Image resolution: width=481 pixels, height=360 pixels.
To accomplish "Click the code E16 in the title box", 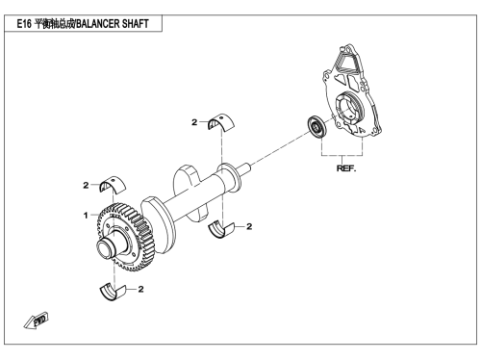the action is click(24, 24).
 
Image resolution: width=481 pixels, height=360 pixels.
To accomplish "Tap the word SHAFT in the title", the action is click(135, 24).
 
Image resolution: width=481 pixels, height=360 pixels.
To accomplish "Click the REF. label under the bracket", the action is click(346, 168).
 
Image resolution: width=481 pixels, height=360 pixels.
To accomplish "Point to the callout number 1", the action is click(86, 215).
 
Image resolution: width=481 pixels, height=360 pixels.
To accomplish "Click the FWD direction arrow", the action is click(37, 320).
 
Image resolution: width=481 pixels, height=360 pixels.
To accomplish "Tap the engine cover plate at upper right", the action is click(352, 92).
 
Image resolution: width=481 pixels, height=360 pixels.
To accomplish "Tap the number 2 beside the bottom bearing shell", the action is click(140, 289).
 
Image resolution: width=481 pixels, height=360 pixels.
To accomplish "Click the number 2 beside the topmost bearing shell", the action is click(194, 122).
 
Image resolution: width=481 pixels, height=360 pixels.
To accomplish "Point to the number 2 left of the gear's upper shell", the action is click(86, 185).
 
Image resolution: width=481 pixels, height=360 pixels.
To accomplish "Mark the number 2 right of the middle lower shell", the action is click(249, 226).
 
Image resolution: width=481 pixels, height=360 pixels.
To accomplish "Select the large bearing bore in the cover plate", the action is click(348, 108).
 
